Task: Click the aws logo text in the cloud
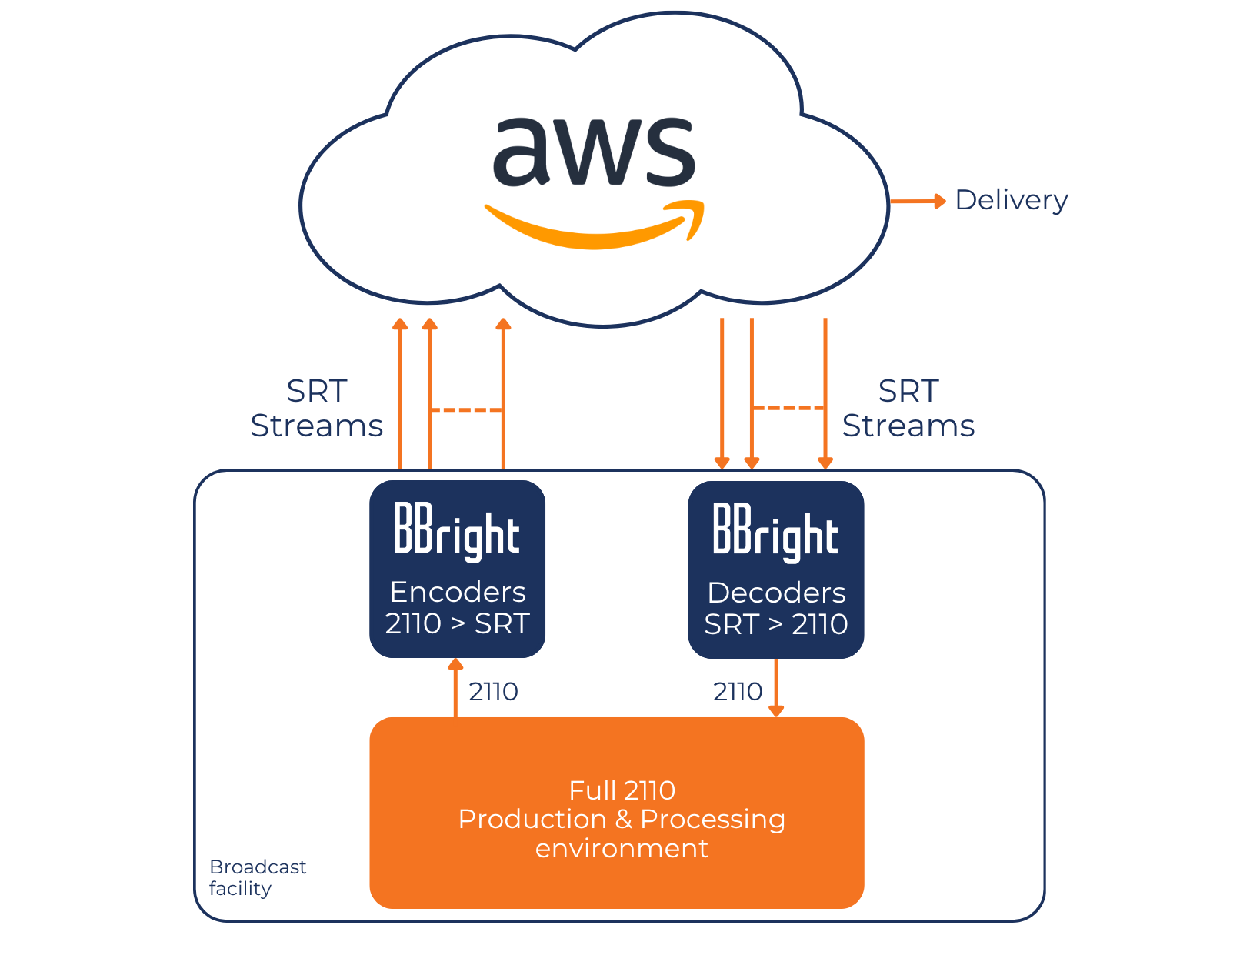594,152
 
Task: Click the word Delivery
1011,200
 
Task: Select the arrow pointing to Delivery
918,202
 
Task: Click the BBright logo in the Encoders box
457,531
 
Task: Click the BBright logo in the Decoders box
775,531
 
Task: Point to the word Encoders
458,592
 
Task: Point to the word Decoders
776,593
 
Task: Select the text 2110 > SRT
457,623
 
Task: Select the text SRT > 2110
775,624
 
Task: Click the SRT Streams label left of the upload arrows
317,409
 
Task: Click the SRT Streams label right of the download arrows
908,409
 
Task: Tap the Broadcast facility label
257,877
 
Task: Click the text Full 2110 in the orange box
622,790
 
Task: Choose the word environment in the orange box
622,848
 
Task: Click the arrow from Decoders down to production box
776,687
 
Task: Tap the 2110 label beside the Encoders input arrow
493,692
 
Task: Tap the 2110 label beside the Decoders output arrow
737,692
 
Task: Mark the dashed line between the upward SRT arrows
466,410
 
